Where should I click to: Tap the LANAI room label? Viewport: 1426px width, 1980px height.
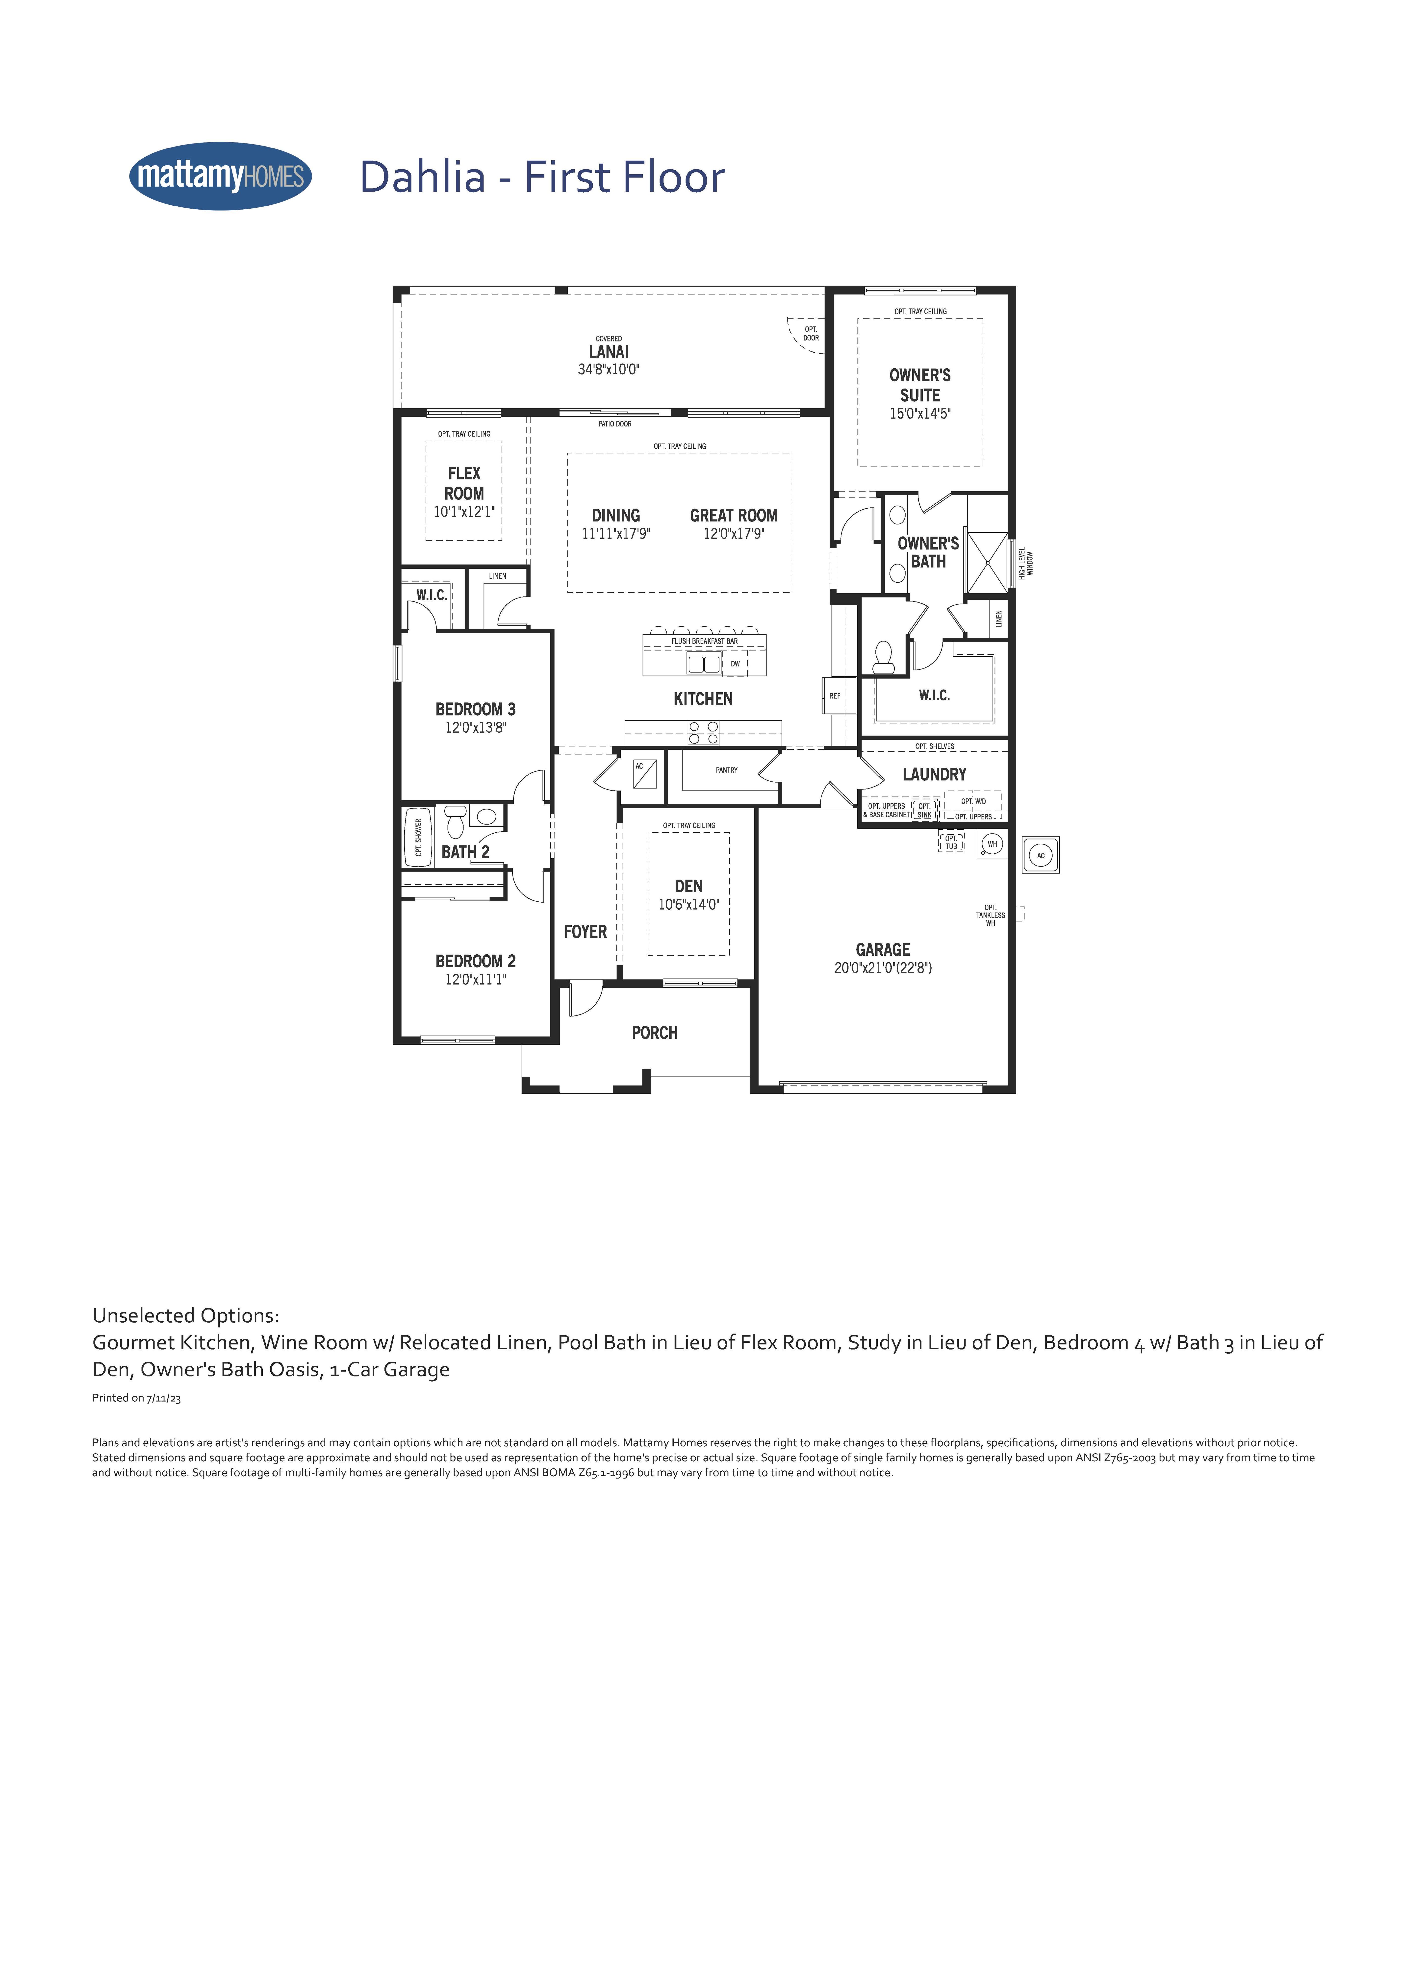[x=609, y=352]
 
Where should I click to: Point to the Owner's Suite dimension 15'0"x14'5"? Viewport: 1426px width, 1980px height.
[x=919, y=414]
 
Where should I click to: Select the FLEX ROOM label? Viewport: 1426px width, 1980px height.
[x=464, y=483]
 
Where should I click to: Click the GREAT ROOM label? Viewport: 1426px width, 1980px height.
[x=734, y=515]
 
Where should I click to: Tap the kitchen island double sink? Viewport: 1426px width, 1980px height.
[x=704, y=664]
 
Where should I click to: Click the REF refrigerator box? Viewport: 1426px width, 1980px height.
[x=835, y=696]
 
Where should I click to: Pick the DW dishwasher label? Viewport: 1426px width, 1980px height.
[x=735, y=664]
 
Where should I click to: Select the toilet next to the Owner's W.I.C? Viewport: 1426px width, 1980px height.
[x=884, y=657]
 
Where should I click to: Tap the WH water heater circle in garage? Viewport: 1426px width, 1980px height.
[x=992, y=844]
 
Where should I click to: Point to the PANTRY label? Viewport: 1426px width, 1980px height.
[x=727, y=770]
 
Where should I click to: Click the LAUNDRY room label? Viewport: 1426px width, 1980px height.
[x=934, y=774]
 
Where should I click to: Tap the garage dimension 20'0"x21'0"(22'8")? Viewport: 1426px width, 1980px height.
[x=883, y=967]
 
